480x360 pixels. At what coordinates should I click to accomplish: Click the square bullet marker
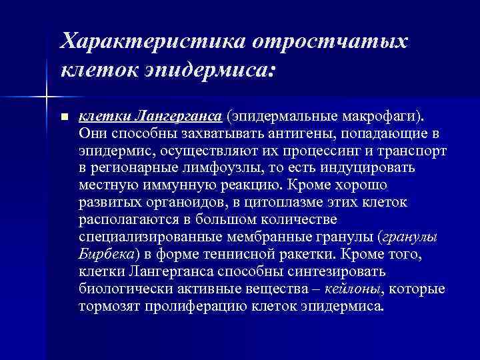[x=64, y=117]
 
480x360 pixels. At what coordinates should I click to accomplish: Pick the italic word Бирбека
[x=107, y=254]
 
